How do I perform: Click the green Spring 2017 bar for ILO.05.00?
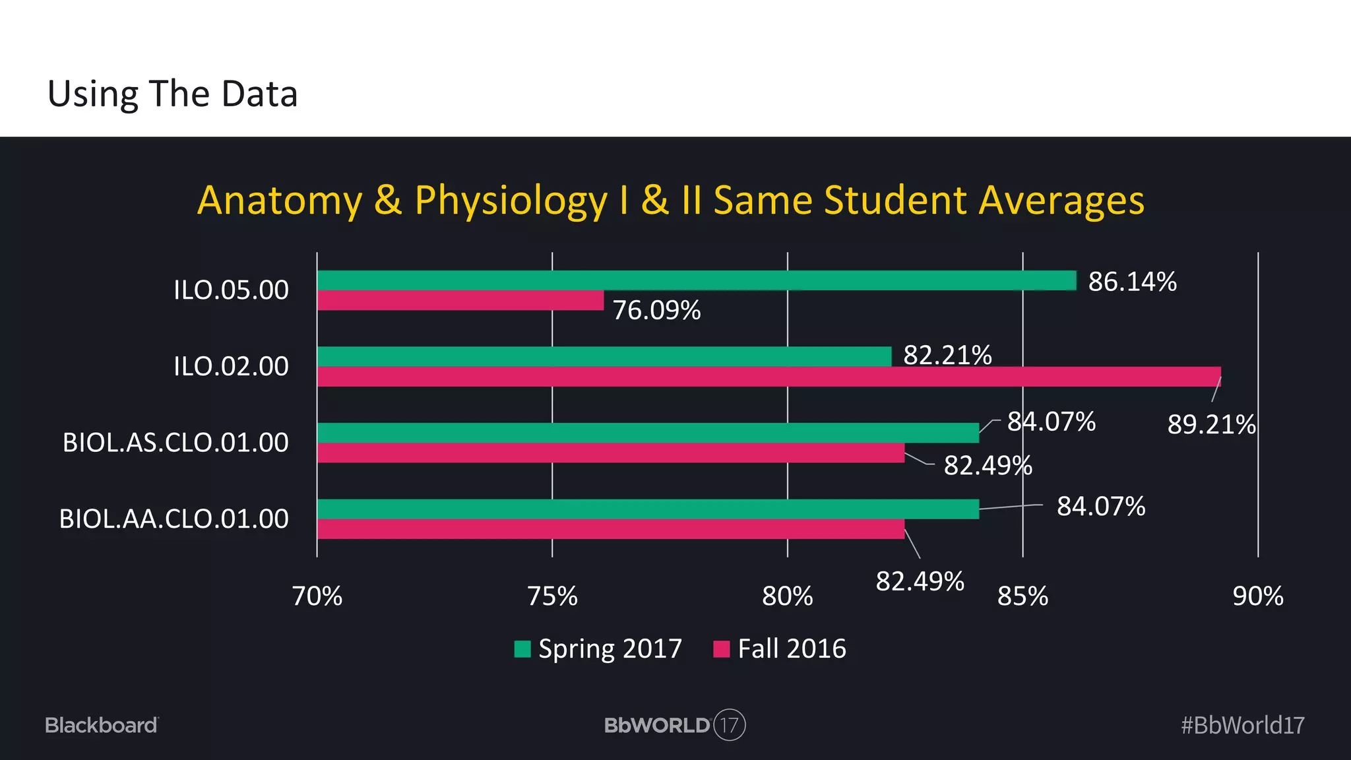[x=696, y=280]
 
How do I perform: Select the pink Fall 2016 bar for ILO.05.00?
[x=460, y=301]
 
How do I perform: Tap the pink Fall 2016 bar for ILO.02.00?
[x=769, y=377]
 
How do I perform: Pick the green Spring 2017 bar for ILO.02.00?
[x=604, y=356]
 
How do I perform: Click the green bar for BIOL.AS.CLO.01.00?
[x=648, y=433]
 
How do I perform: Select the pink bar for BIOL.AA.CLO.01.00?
[x=610, y=529]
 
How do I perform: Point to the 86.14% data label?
[x=1132, y=282]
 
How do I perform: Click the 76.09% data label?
[x=656, y=310]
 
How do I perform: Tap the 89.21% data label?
[x=1211, y=424]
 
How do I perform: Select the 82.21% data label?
[x=947, y=355]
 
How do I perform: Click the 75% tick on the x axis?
[x=552, y=596]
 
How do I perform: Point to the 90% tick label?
[x=1257, y=596]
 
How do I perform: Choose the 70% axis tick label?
[x=317, y=596]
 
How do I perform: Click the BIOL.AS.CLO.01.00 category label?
[x=175, y=443]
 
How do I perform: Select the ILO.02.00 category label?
[x=231, y=366]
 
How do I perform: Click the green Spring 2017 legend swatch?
[x=522, y=649]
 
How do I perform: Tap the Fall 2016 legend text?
[x=792, y=649]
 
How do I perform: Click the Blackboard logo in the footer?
[x=102, y=725]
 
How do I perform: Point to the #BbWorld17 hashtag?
[x=1242, y=725]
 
